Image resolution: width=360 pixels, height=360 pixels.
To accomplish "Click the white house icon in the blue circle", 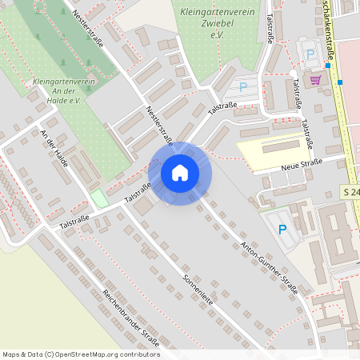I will pos(180,172).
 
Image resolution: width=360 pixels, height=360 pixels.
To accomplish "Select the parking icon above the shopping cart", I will pos(310,54).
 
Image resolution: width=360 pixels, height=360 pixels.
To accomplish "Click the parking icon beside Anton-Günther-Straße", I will pos(282,230).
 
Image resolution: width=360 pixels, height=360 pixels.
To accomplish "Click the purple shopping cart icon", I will pos(316,79).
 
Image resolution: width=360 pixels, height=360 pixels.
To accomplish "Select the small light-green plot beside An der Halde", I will pos(98,198).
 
